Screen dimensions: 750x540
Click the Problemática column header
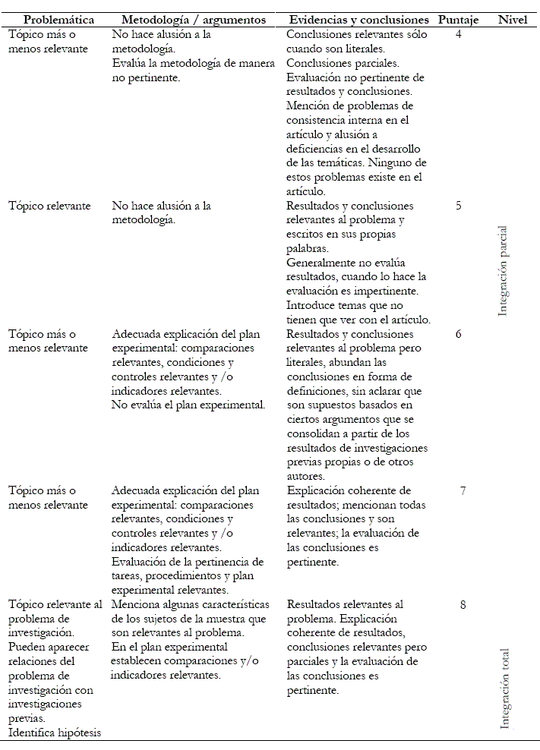pos(58,19)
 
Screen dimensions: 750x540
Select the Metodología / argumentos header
pos(193,19)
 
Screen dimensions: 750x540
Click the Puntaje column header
pos(459,19)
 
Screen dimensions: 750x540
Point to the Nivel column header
pos(513,19)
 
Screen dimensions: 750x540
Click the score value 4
pos(459,35)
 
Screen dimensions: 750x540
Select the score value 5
pos(459,206)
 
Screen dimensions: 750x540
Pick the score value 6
pos(459,334)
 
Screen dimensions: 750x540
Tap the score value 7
pos(463,490)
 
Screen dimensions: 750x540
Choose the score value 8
pos(463,605)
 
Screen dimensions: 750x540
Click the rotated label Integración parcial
pos(503,271)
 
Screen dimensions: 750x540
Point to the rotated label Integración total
pos(505,688)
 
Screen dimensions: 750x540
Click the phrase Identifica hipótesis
pos(55,733)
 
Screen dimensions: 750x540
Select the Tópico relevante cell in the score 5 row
pos(49,206)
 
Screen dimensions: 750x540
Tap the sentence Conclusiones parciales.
pos(343,63)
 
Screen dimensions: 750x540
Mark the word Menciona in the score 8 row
pos(137,605)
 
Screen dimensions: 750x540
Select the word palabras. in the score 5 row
pos(308,248)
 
